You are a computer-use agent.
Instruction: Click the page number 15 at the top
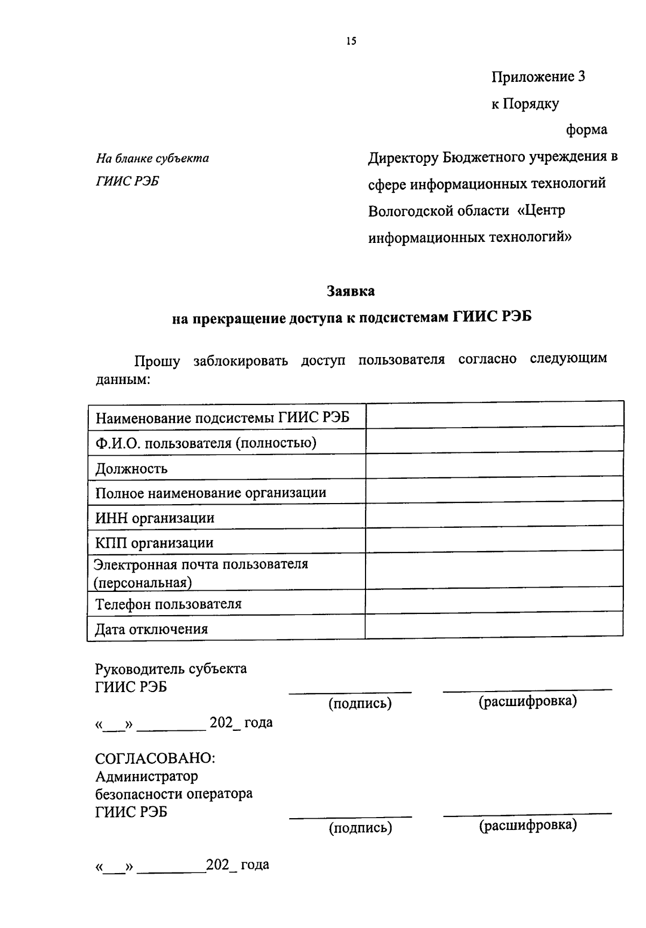point(352,41)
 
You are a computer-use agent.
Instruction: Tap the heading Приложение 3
point(538,77)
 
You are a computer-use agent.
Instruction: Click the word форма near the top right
point(586,130)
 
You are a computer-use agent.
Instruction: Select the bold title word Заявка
point(351,291)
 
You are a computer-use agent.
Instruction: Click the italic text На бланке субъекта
point(152,158)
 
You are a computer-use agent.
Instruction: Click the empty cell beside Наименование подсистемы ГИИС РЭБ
point(494,416)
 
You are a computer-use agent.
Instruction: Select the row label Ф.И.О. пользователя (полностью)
point(206,443)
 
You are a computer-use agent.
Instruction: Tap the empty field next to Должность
point(494,465)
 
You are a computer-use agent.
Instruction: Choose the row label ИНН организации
point(155,518)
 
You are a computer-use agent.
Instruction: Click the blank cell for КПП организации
point(494,540)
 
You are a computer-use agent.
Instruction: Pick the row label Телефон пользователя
point(168,604)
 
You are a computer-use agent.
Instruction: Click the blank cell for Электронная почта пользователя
point(494,570)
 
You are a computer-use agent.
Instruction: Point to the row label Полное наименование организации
point(211,493)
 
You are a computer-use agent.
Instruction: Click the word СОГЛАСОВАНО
point(155,758)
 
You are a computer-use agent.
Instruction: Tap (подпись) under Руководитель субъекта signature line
point(360,703)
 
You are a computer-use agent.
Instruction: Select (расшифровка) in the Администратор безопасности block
point(528,825)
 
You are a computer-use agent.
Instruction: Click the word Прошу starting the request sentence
point(157,361)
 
